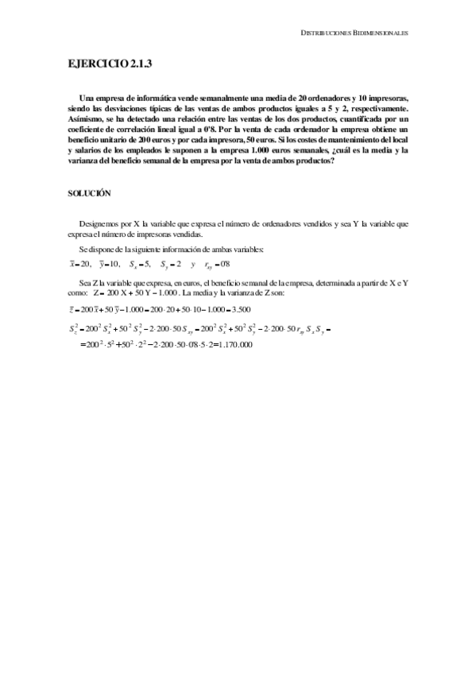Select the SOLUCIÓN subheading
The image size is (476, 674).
[88, 192]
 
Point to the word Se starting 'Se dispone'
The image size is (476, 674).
[84, 250]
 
